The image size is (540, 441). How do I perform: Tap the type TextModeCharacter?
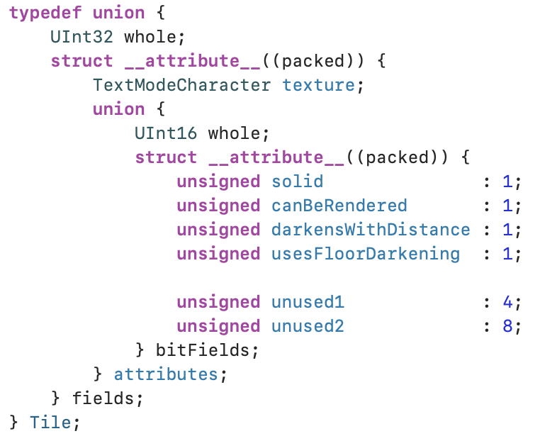181,86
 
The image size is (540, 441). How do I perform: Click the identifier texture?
318,86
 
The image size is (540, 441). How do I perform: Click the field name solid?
298,182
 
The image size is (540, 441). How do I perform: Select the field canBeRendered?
339,206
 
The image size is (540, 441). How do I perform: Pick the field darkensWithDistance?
371,230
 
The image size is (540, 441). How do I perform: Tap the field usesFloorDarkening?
366,254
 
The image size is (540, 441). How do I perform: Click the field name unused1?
308,302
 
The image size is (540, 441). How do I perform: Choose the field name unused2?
308,326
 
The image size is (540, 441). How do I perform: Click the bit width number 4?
507,302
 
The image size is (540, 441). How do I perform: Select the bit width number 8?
507,326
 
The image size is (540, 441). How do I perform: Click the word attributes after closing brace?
166,374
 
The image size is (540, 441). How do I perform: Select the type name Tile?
50,423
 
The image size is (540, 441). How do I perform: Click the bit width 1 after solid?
507,182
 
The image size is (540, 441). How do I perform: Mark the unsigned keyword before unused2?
218,326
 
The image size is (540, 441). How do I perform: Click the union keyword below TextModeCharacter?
118,110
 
